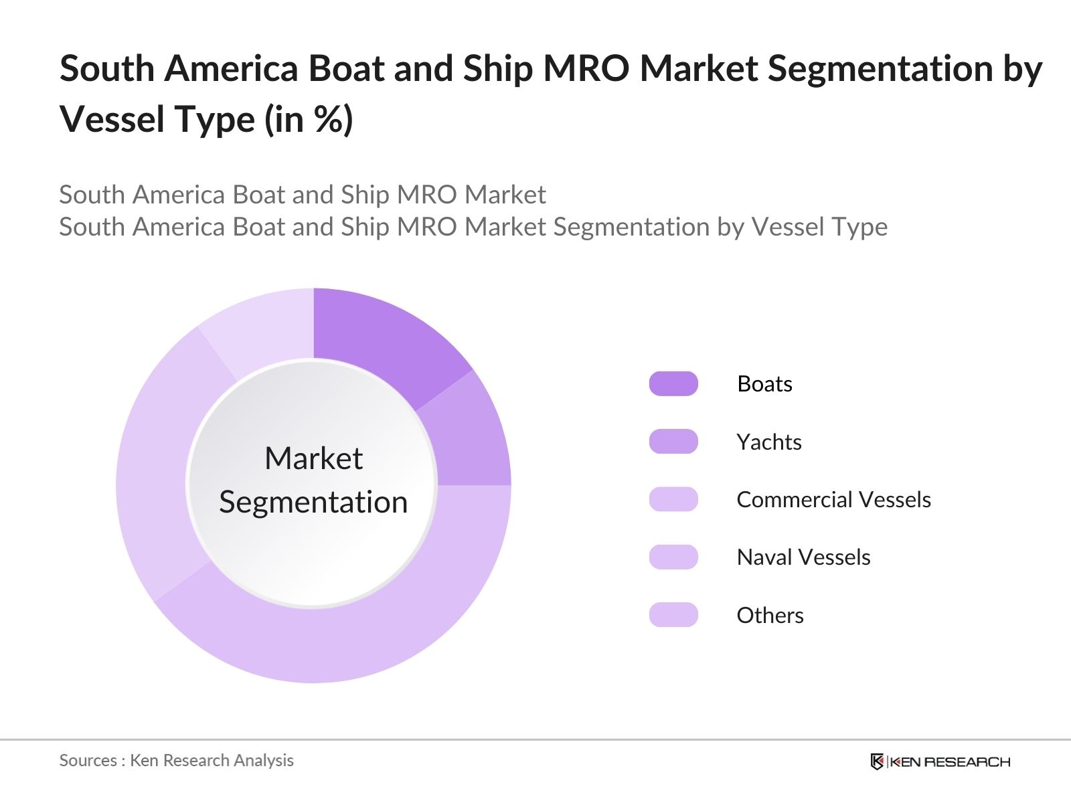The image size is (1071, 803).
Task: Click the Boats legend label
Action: [764, 384]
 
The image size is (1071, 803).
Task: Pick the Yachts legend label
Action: [769, 442]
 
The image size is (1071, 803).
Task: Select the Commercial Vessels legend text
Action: [833, 500]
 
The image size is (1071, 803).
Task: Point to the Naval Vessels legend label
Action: [803, 557]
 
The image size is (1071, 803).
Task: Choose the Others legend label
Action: [770, 616]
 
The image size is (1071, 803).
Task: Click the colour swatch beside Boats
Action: [673, 384]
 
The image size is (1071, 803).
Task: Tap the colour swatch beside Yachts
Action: [673, 442]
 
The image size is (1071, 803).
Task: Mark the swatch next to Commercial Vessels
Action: [673, 500]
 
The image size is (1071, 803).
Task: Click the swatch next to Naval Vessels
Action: [673, 557]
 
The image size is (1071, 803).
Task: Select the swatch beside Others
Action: [673, 615]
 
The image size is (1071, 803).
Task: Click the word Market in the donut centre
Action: [313, 459]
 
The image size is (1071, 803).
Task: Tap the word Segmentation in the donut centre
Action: [313, 503]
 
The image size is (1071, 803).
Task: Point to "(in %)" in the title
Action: [309, 120]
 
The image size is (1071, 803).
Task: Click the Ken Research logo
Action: [940, 762]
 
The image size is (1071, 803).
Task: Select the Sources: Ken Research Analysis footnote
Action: [177, 761]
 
